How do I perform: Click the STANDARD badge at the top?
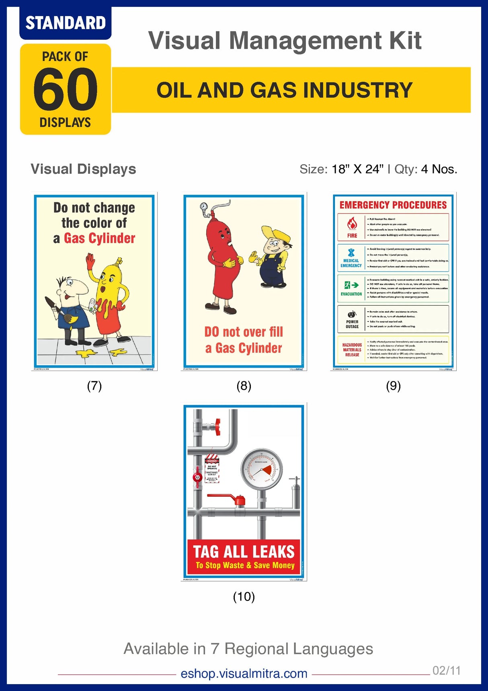point(65,23)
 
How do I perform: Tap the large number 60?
point(65,89)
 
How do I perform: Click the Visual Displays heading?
point(83,169)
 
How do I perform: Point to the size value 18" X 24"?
point(357,169)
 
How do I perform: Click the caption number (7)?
point(94,386)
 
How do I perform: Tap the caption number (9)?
point(393,386)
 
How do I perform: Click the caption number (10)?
point(244,596)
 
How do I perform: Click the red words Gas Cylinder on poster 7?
point(99,238)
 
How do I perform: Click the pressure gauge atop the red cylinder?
point(204,207)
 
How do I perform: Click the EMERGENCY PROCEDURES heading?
point(393,205)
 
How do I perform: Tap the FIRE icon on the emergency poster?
point(352,224)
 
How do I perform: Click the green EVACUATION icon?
point(351,285)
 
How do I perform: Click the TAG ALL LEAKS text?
point(244,552)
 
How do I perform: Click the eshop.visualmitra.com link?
point(244,673)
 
